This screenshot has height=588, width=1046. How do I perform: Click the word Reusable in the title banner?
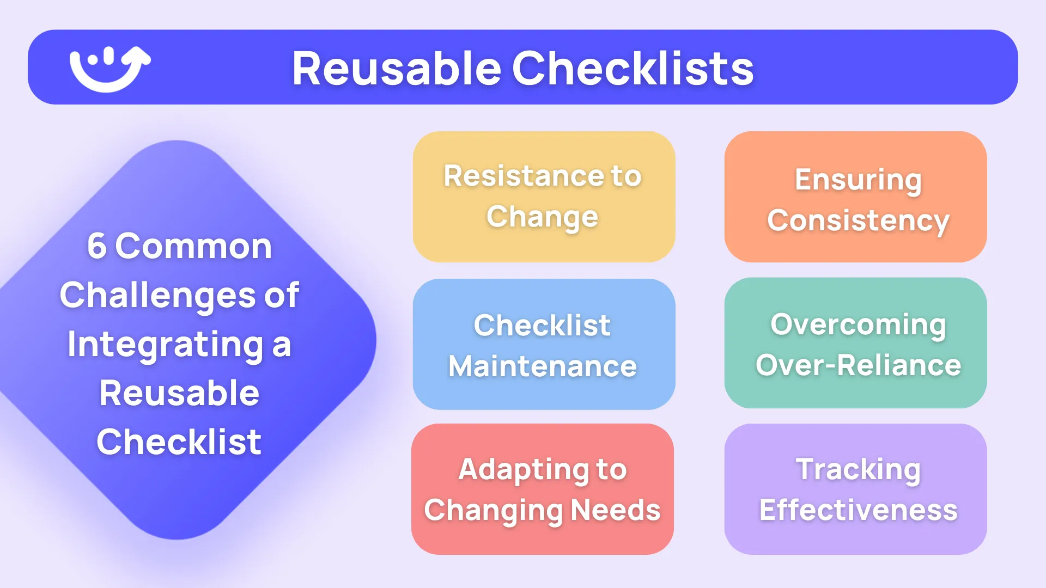coord(396,69)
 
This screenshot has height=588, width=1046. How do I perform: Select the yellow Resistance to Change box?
coord(544,197)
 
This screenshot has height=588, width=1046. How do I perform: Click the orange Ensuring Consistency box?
coord(855,197)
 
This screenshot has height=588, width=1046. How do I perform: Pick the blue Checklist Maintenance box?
coord(544,344)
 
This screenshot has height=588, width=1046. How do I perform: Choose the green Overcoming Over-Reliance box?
coord(855,343)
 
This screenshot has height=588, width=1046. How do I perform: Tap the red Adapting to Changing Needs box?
coord(543,489)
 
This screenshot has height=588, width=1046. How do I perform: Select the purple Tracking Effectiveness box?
coord(855,489)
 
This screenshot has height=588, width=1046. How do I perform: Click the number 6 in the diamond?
coord(96,246)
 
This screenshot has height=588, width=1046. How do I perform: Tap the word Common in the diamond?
coord(193,246)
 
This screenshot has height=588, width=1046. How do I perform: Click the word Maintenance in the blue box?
coord(543,366)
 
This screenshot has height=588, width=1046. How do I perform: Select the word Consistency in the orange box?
coord(858,221)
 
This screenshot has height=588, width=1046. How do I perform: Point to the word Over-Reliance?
coord(858,365)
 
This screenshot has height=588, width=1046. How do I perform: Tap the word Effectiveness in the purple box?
coord(858,510)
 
